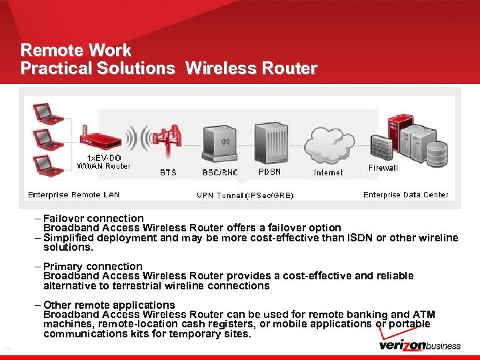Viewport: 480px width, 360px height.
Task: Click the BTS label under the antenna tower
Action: (168, 172)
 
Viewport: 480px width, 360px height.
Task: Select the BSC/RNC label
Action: (219, 172)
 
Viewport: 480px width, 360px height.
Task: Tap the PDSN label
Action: (269, 171)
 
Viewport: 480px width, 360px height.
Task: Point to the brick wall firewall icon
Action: (382, 147)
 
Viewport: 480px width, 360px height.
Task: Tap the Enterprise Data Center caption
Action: (405, 195)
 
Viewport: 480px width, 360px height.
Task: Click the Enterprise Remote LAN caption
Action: (73, 195)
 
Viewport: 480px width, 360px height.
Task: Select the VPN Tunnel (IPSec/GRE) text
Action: (245, 195)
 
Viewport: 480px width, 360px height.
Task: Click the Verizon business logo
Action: (419, 345)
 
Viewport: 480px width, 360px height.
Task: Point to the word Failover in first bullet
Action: (65, 218)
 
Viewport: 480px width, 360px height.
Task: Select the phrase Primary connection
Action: (93, 266)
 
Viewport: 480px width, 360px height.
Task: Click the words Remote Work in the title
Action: (76, 50)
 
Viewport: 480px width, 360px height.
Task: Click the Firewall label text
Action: (383, 168)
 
